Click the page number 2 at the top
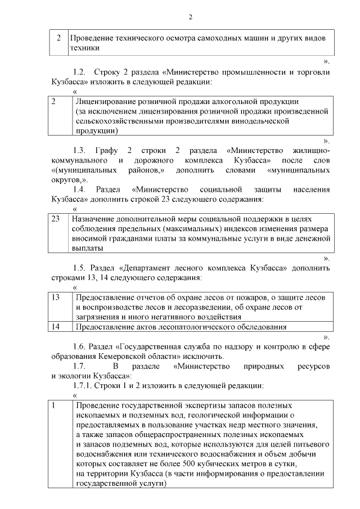point(190,17)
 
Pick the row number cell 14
point(55,326)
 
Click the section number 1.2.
point(80,73)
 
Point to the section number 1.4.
point(80,188)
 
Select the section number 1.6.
point(80,346)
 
